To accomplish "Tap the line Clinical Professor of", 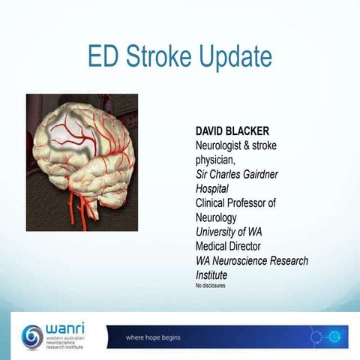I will (x=235, y=202).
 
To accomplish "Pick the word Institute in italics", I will (x=211, y=274).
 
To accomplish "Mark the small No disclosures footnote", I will (x=210, y=286).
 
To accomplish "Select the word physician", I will (x=212, y=160).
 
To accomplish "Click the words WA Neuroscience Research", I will (x=251, y=260).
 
